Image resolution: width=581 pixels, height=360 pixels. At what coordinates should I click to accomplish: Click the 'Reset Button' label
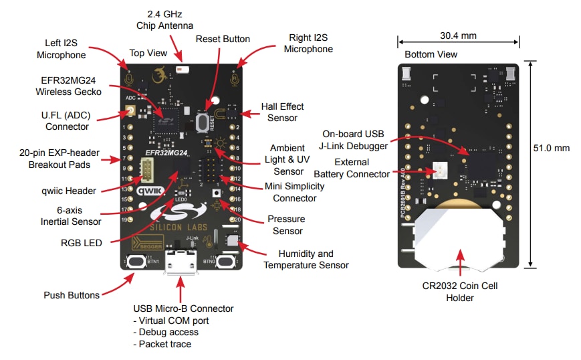point(223,39)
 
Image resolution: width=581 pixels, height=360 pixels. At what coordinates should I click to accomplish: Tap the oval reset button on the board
point(201,122)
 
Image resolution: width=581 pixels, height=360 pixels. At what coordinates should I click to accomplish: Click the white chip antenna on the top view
point(180,68)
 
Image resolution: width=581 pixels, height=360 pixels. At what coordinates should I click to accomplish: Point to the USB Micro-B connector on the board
point(179,263)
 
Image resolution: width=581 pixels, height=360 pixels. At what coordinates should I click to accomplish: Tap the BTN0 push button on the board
point(226,261)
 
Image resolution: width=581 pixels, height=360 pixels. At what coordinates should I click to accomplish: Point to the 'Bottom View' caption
point(431,54)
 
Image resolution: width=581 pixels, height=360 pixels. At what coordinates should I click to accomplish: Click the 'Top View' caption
point(146,53)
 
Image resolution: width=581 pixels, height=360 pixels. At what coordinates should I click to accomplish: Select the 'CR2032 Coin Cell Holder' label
point(460,292)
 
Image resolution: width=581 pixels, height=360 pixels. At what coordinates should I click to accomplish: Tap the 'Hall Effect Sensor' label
point(282,112)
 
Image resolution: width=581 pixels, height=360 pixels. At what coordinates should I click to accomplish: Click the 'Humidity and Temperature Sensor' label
point(306,260)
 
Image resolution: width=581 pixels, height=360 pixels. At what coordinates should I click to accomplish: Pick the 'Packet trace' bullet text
point(162,344)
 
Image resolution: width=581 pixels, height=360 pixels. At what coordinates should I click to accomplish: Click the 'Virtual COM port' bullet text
point(172,320)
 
